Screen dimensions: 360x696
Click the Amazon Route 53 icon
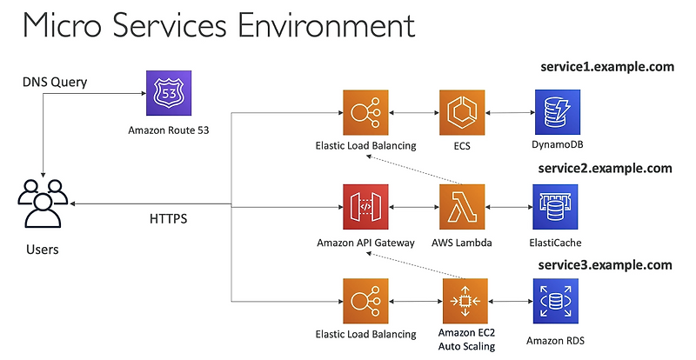(x=166, y=91)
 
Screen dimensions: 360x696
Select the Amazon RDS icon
(x=555, y=301)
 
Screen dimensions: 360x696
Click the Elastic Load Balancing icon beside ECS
(x=366, y=111)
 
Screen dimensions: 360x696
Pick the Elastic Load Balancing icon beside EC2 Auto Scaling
(x=366, y=301)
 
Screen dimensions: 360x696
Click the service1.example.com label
(x=606, y=67)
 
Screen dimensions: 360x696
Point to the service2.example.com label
(x=606, y=168)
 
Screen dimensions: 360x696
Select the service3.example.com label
(x=606, y=264)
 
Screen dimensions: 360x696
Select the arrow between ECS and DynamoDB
(x=509, y=112)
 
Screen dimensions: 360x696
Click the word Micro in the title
(x=62, y=28)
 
